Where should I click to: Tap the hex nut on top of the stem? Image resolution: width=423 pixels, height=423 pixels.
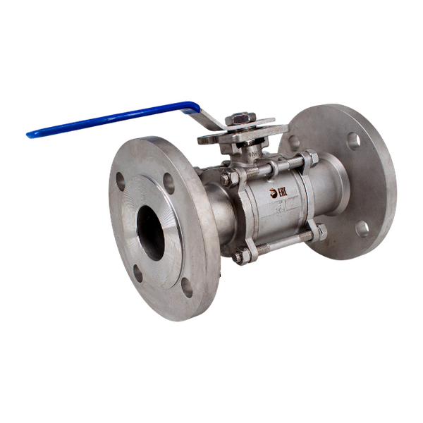242,119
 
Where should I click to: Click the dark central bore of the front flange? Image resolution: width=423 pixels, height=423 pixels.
151,232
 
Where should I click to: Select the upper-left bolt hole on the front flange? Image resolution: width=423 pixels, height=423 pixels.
121,180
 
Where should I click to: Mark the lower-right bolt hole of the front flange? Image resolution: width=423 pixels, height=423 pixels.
187,286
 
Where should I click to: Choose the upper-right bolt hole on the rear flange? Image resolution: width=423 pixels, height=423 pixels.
353,141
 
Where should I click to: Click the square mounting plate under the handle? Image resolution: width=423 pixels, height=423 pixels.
243,134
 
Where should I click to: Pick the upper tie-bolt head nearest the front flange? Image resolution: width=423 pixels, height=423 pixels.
227,179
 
